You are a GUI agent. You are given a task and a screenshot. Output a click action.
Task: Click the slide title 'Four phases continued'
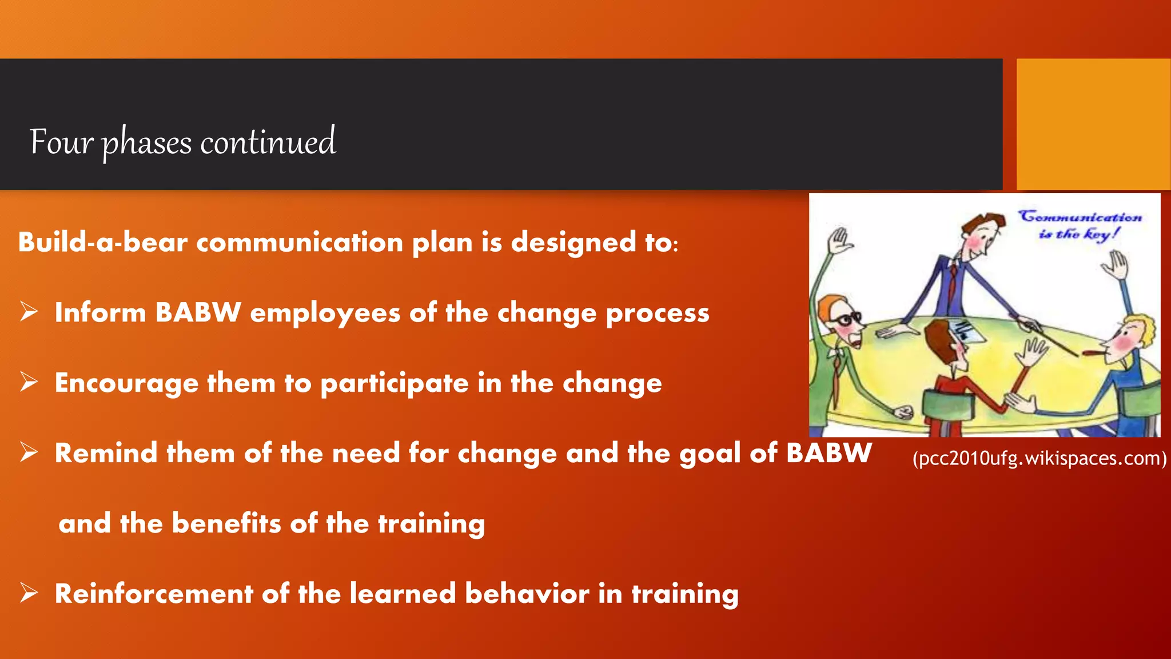(x=182, y=142)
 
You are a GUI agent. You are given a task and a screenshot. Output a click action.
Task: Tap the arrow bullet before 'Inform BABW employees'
(x=29, y=312)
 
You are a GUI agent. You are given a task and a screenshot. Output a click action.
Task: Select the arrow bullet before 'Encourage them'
(x=29, y=382)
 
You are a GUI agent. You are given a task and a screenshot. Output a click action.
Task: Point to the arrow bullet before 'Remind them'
(x=29, y=452)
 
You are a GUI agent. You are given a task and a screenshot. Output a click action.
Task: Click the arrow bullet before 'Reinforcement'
(x=29, y=593)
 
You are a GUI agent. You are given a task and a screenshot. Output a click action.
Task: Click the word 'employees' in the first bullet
(x=325, y=313)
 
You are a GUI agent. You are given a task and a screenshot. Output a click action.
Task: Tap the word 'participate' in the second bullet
(x=395, y=384)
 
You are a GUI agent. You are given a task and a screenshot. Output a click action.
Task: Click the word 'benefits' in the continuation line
(x=226, y=523)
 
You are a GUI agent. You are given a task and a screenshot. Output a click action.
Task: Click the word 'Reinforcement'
(x=153, y=593)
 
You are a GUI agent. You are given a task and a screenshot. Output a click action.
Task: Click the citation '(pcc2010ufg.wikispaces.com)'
(x=1039, y=458)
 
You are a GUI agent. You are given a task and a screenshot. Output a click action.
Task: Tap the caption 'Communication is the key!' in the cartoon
(x=1080, y=225)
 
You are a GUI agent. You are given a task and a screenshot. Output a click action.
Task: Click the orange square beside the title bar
(x=1093, y=124)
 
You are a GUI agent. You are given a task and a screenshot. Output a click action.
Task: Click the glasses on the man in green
(x=845, y=319)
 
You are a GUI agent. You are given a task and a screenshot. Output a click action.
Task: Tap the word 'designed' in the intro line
(x=573, y=243)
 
